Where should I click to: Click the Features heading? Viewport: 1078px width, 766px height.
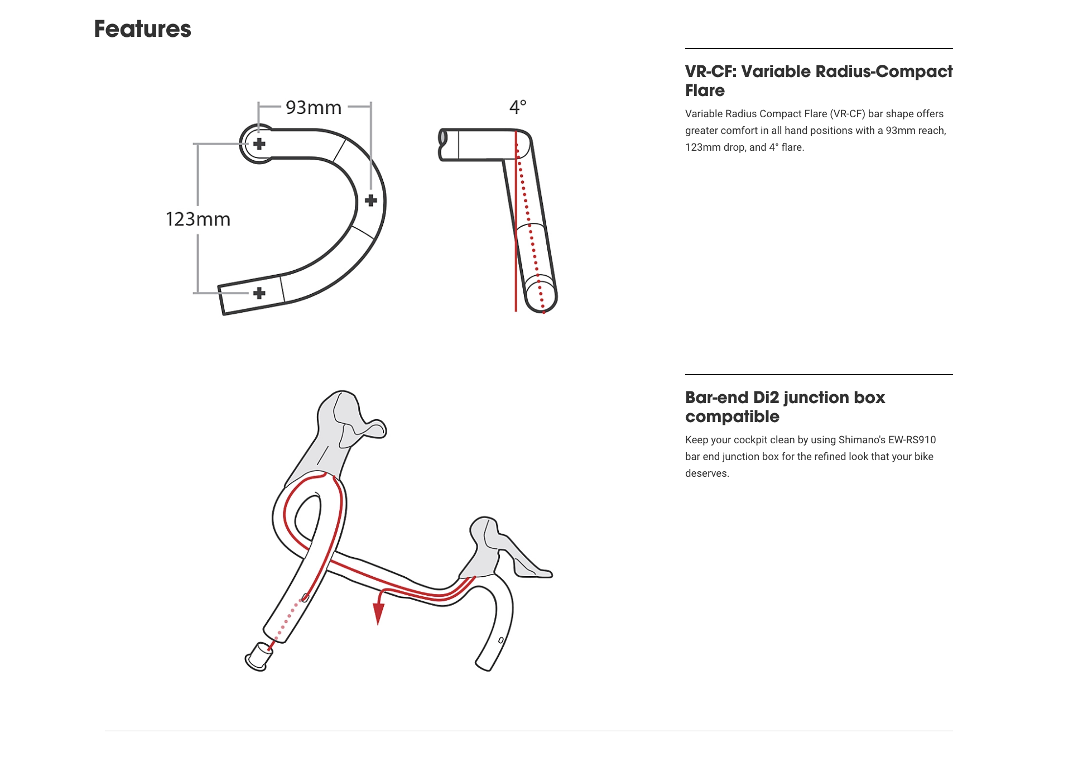pos(142,29)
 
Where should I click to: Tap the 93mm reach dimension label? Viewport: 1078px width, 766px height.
pos(313,107)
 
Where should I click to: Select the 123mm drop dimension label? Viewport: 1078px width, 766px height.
pos(198,219)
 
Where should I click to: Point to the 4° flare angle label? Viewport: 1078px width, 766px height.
pos(517,107)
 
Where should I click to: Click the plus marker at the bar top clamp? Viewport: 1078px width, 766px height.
pos(259,144)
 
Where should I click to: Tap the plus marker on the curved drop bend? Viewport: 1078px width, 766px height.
pos(370,200)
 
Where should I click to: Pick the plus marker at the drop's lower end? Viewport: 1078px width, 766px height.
pos(259,293)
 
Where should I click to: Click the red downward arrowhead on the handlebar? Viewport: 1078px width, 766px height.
pos(378,614)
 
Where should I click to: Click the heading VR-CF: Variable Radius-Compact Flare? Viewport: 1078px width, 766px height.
pos(818,81)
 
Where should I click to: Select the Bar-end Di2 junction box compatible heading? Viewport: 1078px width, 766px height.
pos(785,407)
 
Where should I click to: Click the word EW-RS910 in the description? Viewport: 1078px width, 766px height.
pos(912,440)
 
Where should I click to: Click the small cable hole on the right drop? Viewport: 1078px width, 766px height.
pos(501,640)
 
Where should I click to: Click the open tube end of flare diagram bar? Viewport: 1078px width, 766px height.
pos(442,137)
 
